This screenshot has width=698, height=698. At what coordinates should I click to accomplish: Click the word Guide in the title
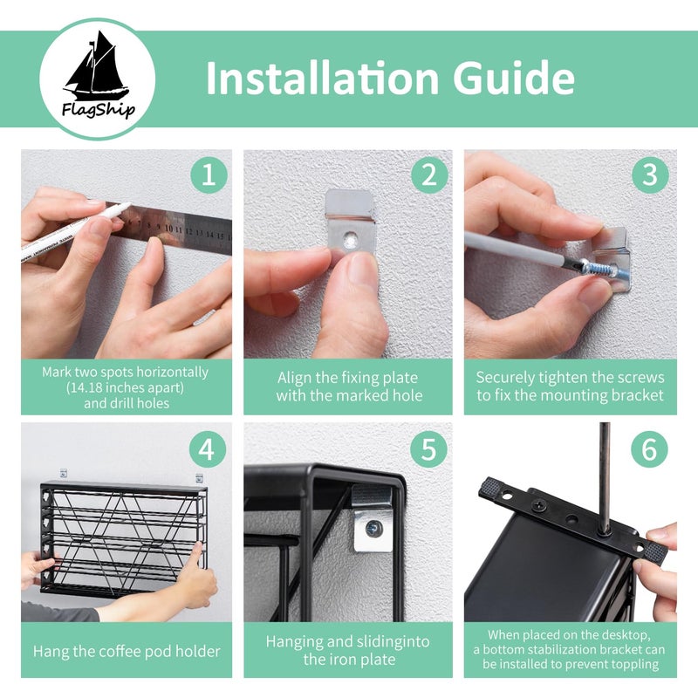[x=514, y=79]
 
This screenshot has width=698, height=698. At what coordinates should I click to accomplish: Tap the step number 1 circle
[x=209, y=175]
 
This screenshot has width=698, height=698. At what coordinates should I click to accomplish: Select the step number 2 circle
[x=429, y=175]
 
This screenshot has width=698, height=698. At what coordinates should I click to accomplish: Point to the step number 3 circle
[x=650, y=175]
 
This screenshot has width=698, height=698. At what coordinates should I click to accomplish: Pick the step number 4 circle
[x=207, y=449]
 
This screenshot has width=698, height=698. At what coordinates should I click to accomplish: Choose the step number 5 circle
[x=428, y=449]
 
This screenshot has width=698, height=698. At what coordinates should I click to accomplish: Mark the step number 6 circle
[x=649, y=449]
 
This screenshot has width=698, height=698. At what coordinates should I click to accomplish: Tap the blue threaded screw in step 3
[x=601, y=269]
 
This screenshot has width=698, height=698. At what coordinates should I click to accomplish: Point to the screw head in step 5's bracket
[x=373, y=529]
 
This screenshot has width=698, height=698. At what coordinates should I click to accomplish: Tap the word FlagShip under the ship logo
[x=99, y=110]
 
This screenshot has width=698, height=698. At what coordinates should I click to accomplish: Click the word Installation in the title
[x=323, y=79]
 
